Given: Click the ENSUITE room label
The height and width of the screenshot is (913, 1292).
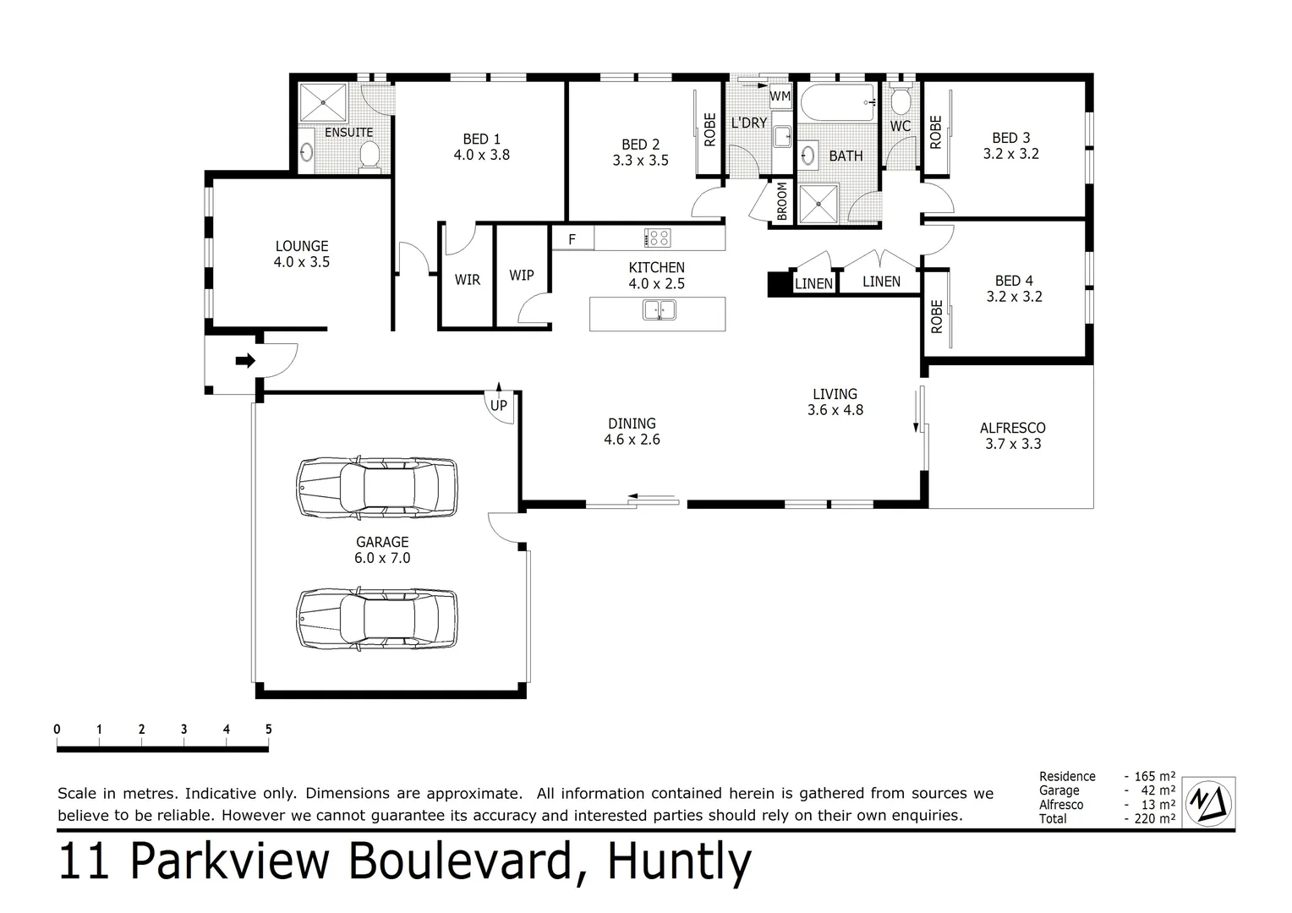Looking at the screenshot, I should (348, 133).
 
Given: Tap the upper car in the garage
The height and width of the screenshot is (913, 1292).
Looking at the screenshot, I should (376, 489).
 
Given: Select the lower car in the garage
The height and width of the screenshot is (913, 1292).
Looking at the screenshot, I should (376, 619).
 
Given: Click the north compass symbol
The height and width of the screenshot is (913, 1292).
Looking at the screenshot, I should (1208, 801).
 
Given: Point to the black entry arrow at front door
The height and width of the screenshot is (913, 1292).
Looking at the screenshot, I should (245, 361).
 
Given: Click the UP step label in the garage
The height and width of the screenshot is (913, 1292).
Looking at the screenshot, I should (499, 405).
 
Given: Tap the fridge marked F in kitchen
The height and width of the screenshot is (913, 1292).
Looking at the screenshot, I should (572, 239).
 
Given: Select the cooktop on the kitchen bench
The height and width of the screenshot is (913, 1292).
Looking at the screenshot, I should (657, 238).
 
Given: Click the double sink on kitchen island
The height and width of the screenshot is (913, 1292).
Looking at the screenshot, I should (660, 310).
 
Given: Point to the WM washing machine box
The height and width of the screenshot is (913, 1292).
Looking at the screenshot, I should (780, 96).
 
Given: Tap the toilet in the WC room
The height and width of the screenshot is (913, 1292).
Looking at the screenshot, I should (901, 102).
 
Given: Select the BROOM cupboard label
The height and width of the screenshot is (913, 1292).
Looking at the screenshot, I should (782, 201).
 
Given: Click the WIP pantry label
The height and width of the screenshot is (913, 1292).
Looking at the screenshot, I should (522, 275).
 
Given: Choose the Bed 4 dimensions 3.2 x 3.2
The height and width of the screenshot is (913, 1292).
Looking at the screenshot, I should (1014, 297).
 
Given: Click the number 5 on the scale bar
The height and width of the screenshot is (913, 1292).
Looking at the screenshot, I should (268, 730).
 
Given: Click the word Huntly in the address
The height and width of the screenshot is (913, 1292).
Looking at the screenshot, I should (679, 862).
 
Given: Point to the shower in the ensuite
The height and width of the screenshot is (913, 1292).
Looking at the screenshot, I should (322, 102).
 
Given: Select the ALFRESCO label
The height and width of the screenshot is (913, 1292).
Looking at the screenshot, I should (1013, 428).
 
